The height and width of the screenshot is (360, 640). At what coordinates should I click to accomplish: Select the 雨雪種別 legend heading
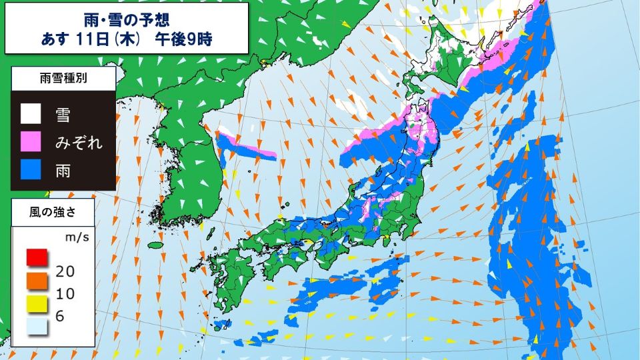[63, 79]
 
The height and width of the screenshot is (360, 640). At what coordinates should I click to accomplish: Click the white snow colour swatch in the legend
[30, 114]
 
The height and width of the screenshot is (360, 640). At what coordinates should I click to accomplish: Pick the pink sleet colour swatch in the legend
[30, 142]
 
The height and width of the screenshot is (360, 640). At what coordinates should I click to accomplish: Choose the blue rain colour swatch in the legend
[30, 171]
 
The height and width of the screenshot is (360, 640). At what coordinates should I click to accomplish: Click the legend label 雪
[64, 114]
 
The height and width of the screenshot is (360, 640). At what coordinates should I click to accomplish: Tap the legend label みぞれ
[79, 142]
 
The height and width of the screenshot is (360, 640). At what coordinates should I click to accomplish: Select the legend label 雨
[64, 171]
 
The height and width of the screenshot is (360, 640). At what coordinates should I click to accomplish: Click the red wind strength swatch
[36, 257]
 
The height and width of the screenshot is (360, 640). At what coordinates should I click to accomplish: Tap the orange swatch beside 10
[36, 280]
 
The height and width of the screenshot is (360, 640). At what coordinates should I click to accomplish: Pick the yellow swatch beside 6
[36, 304]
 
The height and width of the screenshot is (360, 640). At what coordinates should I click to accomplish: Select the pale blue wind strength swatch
[36, 327]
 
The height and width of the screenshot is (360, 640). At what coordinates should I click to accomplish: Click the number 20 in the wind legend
[65, 270]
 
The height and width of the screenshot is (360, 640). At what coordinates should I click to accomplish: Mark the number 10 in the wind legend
[65, 293]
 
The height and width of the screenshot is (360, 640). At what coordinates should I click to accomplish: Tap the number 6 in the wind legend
[60, 316]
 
